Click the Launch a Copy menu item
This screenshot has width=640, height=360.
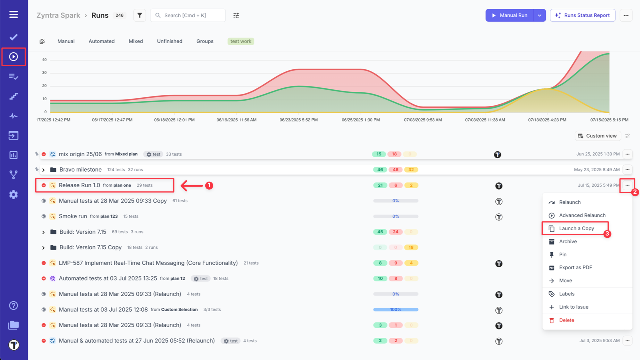click(x=576, y=228)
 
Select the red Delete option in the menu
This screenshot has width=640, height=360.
click(x=566, y=320)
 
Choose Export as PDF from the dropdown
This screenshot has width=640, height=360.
click(x=575, y=268)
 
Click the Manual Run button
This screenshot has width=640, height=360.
click(x=509, y=15)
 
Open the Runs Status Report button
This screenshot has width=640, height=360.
click(x=582, y=15)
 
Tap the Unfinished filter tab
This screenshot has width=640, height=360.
click(x=170, y=41)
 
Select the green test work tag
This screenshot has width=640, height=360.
click(x=241, y=41)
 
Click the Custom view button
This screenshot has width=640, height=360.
click(x=597, y=136)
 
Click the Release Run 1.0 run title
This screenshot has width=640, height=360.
click(x=79, y=185)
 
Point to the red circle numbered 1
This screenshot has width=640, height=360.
click(x=209, y=185)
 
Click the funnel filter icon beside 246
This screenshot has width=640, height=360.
click(x=140, y=15)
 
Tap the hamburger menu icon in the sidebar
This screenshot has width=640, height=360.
click(x=14, y=14)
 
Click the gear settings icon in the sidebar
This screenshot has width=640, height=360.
click(x=14, y=195)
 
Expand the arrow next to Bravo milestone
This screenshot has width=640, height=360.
click(x=44, y=170)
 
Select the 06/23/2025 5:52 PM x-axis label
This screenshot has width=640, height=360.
click(x=299, y=120)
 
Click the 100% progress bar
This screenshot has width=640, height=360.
click(x=395, y=310)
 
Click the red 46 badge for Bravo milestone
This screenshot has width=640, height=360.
click(x=395, y=170)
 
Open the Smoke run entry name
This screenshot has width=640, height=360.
click(x=73, y=216)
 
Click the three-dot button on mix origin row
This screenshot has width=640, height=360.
click(x=627, y=154)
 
